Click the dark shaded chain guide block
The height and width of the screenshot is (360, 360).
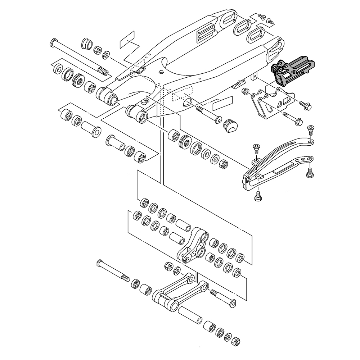pos(292,70)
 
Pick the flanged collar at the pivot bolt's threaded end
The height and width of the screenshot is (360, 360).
pos(86,43)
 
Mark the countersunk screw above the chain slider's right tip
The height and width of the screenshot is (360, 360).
pos(311,129)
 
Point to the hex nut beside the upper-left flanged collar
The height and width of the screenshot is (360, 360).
pos(97,49)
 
